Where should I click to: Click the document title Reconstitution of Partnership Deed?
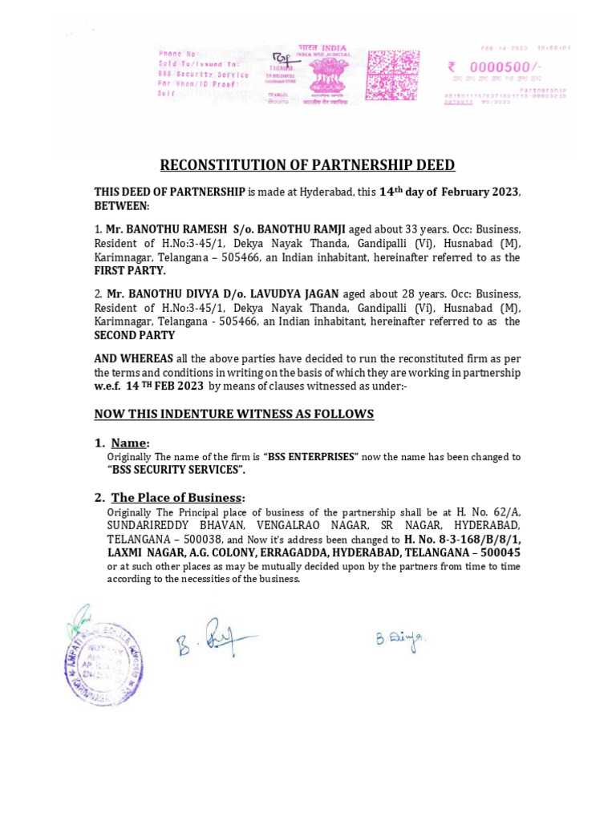click(x=307, y=165)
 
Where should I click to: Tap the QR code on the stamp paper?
click(x=393, y=75)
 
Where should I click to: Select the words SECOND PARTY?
click(x=135, y=335)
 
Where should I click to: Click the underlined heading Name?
click(x=130, y=443)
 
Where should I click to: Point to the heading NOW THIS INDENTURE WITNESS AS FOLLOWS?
click(x=233, y=414)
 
